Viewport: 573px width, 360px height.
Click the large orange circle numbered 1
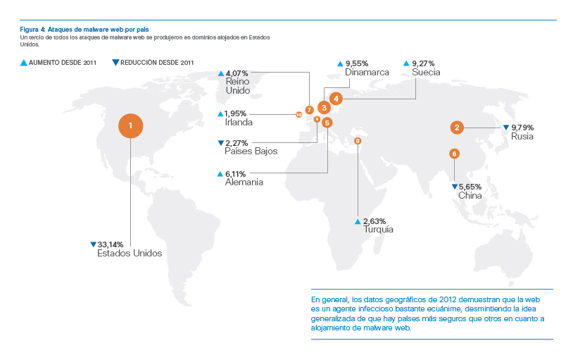click(130, 126)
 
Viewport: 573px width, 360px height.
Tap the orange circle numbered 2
click(457, 128)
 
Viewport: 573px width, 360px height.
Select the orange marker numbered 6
click(454, 154)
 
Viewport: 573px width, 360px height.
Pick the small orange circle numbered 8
click(358, 141)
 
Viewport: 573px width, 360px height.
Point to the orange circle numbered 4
click(336, 99)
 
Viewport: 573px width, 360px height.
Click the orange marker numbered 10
click(298, 113)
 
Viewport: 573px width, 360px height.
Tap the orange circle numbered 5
click(327, 123)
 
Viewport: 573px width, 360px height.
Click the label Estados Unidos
click(130, 253)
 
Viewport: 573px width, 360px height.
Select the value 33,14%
click(111, 244)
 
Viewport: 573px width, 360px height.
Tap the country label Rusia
click(522, 137)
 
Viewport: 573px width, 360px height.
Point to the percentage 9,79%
click(522, 128)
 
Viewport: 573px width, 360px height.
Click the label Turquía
click(378, 230)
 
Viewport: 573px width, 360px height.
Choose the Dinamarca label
click(366, 72)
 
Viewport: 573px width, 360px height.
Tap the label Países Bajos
click(251, 151)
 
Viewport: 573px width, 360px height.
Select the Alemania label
click(244, 182)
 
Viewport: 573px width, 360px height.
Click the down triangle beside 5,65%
click(454, 187)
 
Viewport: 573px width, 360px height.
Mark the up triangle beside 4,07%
click(221, 73)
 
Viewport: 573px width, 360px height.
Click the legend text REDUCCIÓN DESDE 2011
click(157, 63)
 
